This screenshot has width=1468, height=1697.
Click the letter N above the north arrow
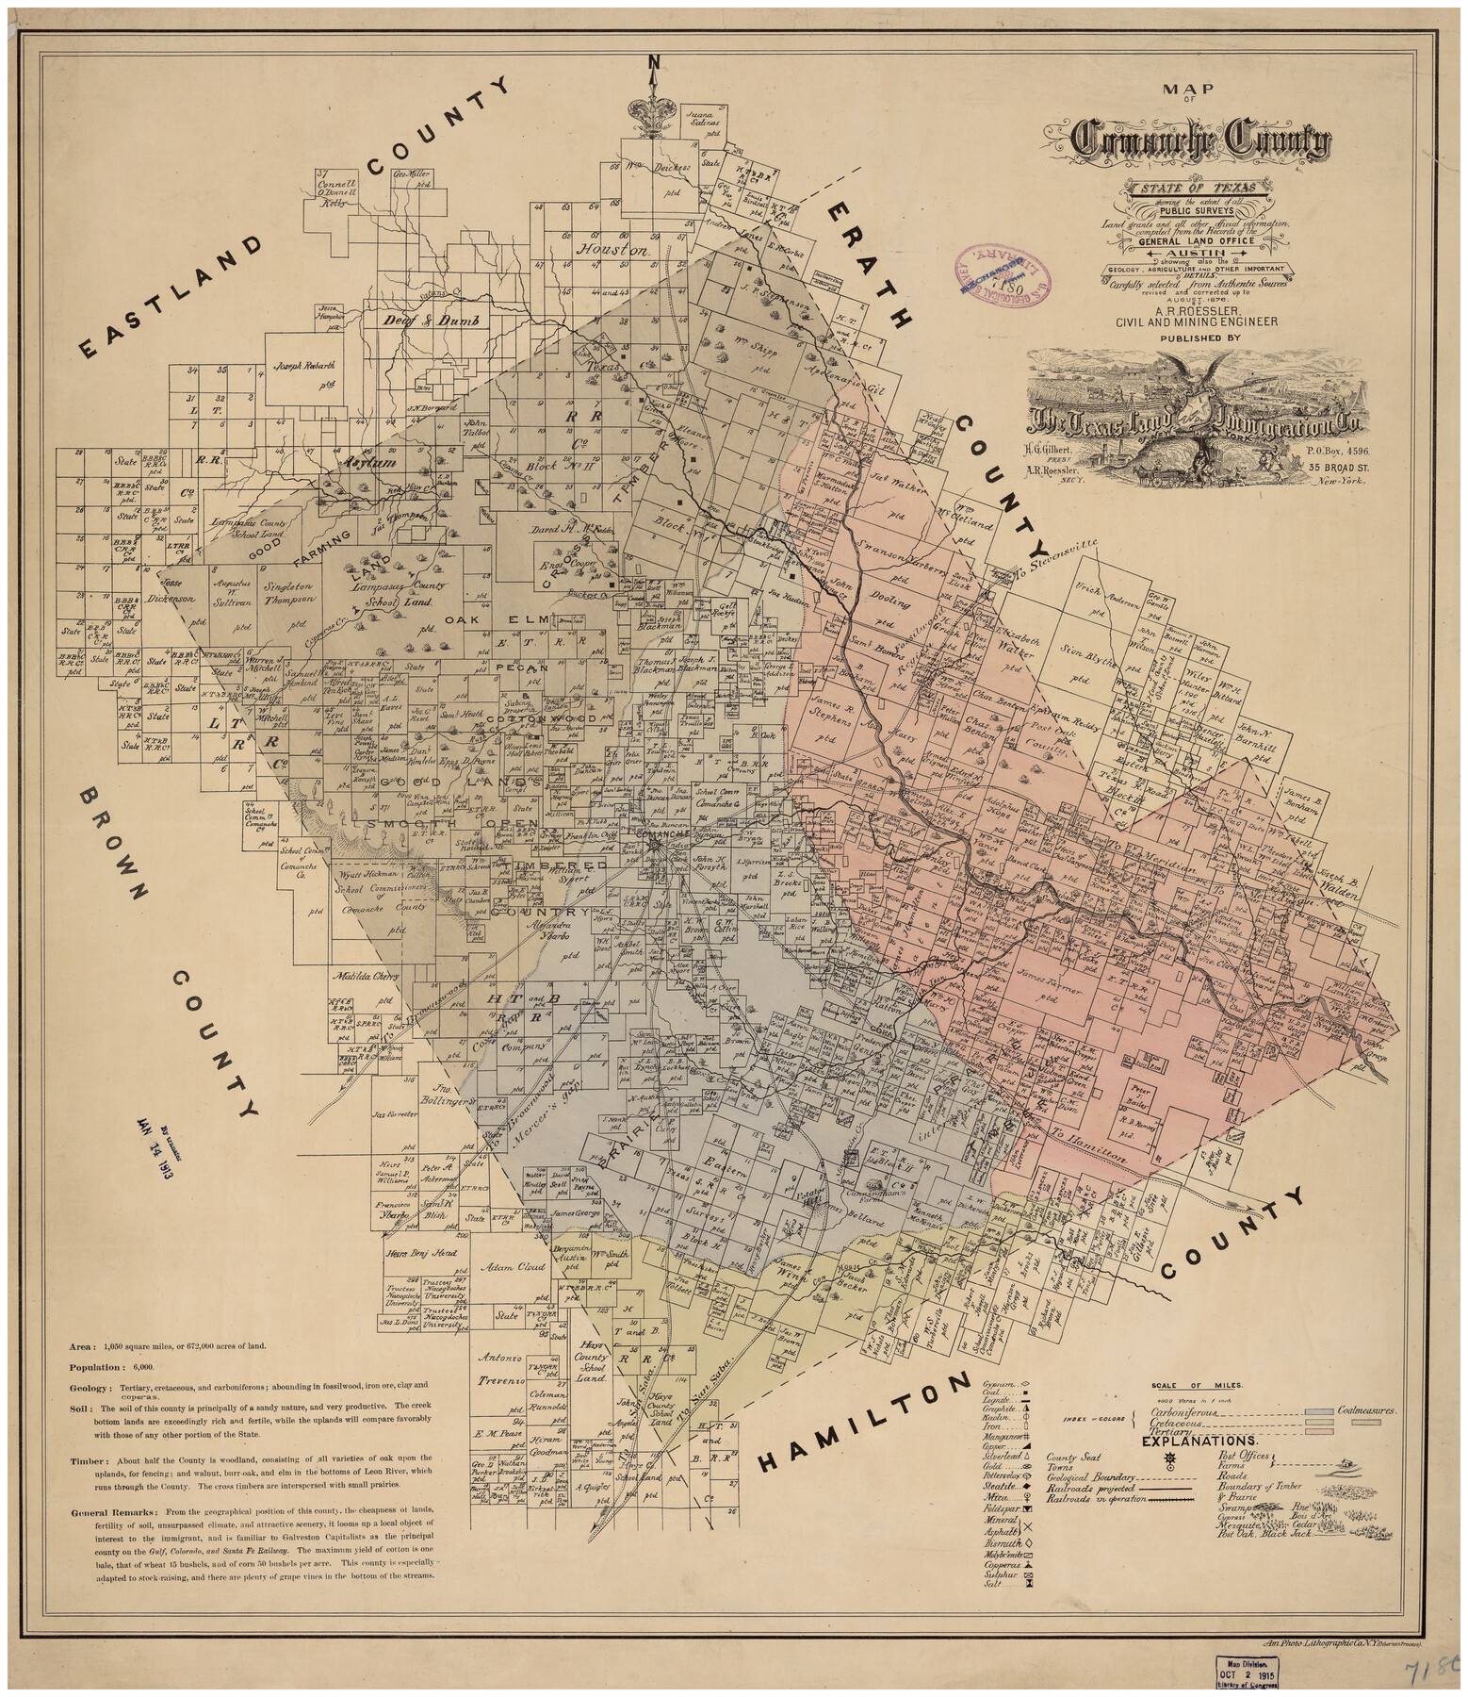click(653, 63)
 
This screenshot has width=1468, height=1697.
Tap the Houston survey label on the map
click(613, 251)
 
